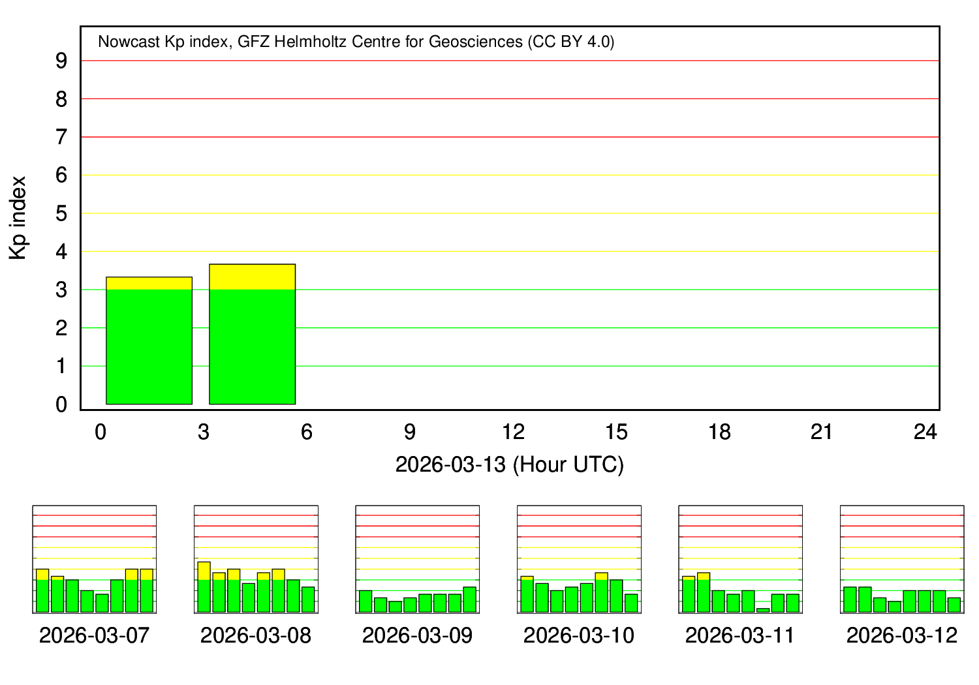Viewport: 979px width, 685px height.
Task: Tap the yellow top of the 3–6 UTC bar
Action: coord(252,277)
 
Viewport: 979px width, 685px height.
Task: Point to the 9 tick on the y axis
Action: coord(62,61)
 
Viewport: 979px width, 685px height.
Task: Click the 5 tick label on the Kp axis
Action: coord(62,213)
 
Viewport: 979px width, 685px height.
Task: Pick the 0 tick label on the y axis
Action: coord(62,404)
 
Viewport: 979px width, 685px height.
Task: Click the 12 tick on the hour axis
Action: coord(514,432)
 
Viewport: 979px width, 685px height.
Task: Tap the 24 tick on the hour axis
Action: coord(925,432)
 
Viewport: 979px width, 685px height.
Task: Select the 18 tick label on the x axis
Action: coord(720,432)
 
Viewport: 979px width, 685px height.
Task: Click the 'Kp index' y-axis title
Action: coord(18,218)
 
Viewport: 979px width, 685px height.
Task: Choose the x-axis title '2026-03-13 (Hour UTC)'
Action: coord(510,464)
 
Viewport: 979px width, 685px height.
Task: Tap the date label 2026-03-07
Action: coord(95,635)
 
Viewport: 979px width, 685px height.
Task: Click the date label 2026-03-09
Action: coord(418,635)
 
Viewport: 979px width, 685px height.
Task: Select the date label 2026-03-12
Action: coord(902,635)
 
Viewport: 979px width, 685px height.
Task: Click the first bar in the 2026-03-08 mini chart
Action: coord(204,587)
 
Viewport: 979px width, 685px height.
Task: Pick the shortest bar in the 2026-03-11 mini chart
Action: coord(763,610)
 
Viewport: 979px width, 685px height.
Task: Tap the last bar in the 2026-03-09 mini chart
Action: coord(470,600)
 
